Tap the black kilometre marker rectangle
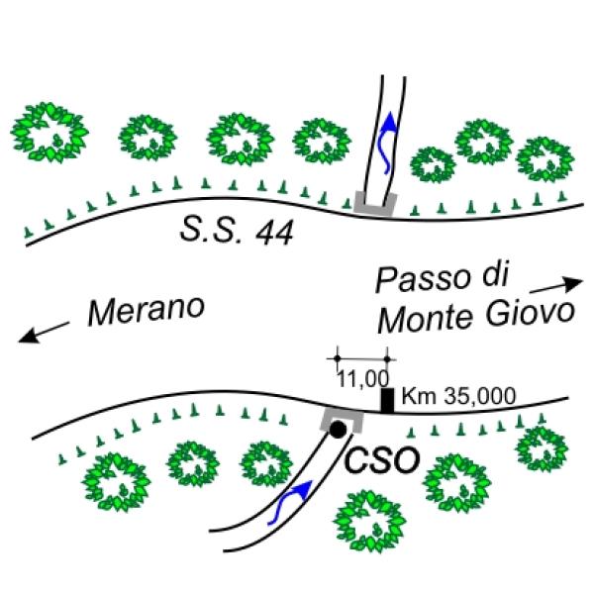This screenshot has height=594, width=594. point(387,399)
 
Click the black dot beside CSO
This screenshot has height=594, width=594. point(339,430)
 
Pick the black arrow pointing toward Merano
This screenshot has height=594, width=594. point(44,333)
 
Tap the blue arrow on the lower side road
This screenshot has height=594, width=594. point(293,502)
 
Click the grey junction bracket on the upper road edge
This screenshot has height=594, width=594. point(376,205)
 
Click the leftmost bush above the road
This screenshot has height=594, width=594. point(49,132)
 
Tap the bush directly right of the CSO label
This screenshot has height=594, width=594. point(456,481)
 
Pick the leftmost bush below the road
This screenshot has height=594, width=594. point(117,481)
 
